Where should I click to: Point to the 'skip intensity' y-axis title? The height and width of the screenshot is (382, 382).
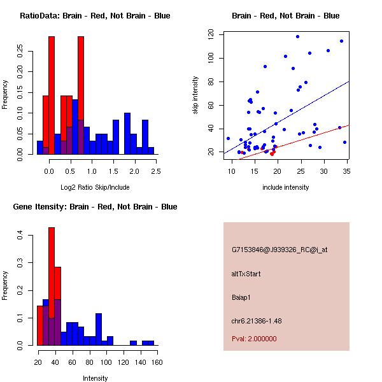195,95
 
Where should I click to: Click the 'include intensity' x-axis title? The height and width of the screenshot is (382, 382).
285,187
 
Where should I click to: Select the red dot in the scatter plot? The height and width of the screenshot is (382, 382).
272,153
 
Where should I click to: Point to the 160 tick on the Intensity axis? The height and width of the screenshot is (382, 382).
157,362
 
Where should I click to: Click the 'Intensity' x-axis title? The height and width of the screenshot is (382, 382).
95,378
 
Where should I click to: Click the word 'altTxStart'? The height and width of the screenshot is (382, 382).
246,274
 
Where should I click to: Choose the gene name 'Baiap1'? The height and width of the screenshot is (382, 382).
242,297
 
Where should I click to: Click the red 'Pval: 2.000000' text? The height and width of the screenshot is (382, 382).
254,339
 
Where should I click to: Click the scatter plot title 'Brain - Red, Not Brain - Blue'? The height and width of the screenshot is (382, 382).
285,16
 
